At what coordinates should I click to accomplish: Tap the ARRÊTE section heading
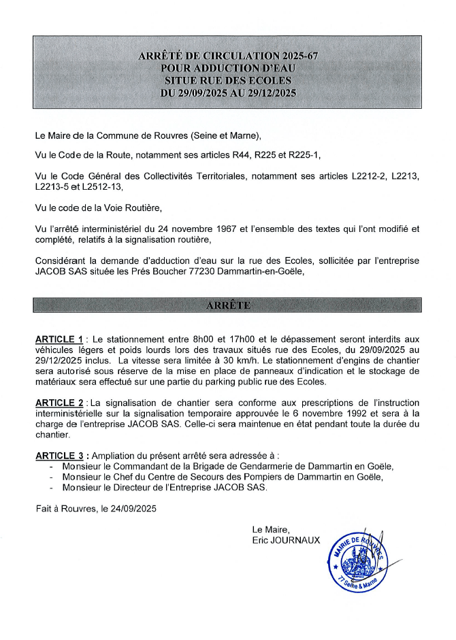228,305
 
